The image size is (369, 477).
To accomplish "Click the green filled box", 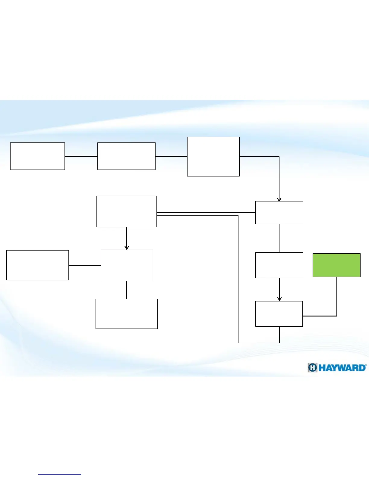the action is pos(336,265).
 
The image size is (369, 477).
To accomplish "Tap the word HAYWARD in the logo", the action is pos(342,368).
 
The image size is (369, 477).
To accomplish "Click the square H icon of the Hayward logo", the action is pos(313,368).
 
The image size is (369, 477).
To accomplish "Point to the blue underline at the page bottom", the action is pos(60,474).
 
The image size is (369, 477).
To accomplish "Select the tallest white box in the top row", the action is pos(213,157).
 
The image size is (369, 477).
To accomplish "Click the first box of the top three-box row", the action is pos(37,156).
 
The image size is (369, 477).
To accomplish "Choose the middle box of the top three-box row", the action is pos(126,156).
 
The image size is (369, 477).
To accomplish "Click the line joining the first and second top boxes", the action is pos(81,156).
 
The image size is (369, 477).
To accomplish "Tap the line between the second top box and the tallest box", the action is pos(171,157).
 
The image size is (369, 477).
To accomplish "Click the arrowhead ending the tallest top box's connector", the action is pos(279,199).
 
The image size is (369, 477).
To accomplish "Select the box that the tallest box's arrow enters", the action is pos(279,213).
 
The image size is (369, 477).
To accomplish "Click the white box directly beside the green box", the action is pos(279,265).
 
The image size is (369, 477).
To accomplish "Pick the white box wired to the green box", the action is pos(279,314).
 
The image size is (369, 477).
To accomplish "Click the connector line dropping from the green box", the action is pos(337,297).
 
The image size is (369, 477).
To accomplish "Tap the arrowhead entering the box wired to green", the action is pos(279,299).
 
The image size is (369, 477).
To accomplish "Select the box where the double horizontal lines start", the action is pos(126,211).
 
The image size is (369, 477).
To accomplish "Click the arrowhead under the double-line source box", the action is pos(127,248).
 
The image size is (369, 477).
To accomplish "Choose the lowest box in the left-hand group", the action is pos(126,314).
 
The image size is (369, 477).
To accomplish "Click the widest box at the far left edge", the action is pos(37,265).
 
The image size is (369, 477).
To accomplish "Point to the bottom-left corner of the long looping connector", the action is pos(238,343).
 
